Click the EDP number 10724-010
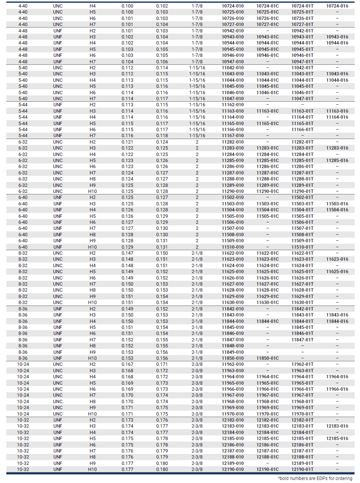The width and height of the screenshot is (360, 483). (232, 6)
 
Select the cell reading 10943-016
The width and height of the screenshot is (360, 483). (337, 37)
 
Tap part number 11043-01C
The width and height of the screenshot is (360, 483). (267, 74)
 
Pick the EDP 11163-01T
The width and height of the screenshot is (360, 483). (302, 111)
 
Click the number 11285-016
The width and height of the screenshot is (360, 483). (337, 160)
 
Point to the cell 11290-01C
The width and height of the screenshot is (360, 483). (267, 191)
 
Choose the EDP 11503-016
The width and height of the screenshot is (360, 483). (337, 204)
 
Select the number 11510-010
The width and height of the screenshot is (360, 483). (232, 247)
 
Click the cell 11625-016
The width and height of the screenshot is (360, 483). (337, 272)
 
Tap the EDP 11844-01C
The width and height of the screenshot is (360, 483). (267, 321)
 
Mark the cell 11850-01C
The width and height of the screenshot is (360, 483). (267, 358)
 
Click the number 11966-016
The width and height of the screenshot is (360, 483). (337, 389)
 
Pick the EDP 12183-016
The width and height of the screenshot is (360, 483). (337, 426)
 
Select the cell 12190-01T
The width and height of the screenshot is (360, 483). (302, 469)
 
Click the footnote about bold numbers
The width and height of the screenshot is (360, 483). (315, 478)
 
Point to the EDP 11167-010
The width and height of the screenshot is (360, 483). (232, 136)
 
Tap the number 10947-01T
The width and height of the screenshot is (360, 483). (302, 61)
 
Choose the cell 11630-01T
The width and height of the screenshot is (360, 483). (302, 303)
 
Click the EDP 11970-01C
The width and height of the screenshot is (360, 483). (267, 414)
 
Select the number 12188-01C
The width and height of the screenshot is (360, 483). (267, 457)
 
